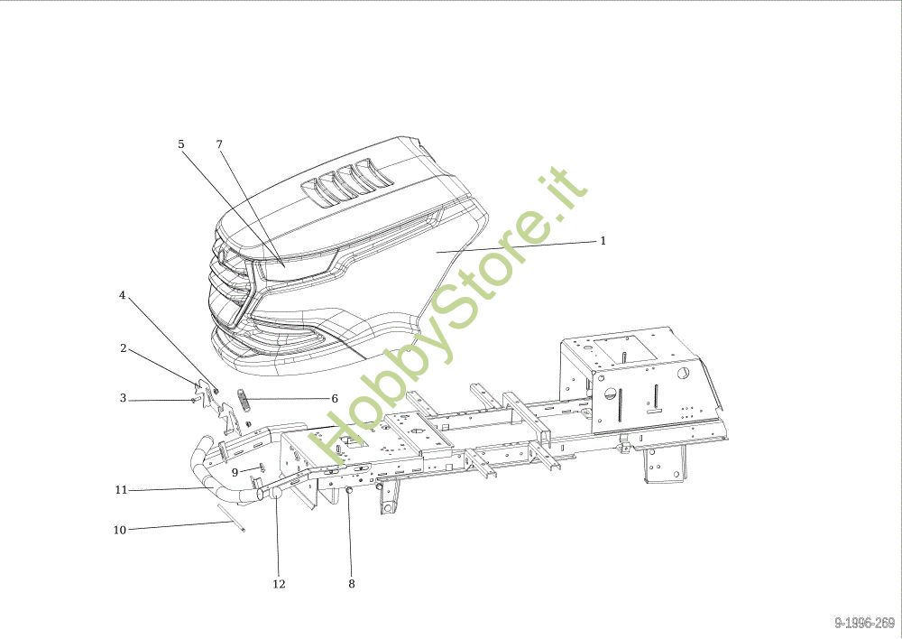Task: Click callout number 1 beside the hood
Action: click(x=603, y=241)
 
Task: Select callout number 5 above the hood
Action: click(x=180, y=144)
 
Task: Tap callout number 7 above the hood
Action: click(x=218, y=144)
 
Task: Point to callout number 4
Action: click(x=123, y=295)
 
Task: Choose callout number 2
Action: click(x=123, y=348)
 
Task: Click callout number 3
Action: click(x=123, y=398)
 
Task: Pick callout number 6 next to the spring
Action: click(x=334, y=398)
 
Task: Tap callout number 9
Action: click(x=235, y=472)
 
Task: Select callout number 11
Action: click(x=121, y=490)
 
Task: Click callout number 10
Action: click(x=120, y=530)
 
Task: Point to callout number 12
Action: click(x=279, y=584)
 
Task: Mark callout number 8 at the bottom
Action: click(x=351, y=584)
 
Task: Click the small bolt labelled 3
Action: click(x=196, y=398)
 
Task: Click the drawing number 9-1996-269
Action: click(x=864, y=623)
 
